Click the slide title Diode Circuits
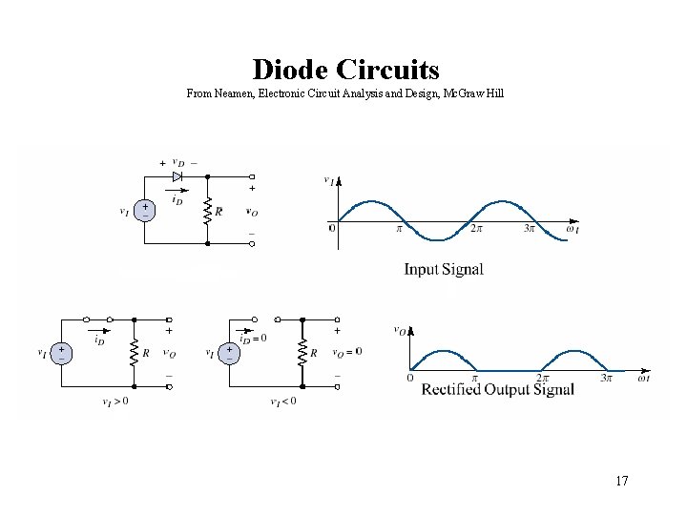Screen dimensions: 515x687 click(345, 70)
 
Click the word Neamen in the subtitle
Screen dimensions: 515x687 click(238, 93)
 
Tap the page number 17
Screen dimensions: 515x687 click(621, 481)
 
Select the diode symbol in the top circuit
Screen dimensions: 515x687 click(177, 176)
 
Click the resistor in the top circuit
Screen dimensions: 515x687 click(208, 211)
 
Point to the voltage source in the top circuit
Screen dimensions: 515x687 click(145, 211)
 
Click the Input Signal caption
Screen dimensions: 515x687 click(444, 269)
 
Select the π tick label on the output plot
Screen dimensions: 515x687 click(474, 379)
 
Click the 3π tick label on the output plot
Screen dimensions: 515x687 click(605, 379)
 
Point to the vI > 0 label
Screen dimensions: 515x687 click(115, 402)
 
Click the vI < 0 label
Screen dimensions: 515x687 click(283, 402)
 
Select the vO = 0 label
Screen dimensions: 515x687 click(346, 352)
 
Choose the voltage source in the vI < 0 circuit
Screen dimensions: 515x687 click(229, 352)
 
